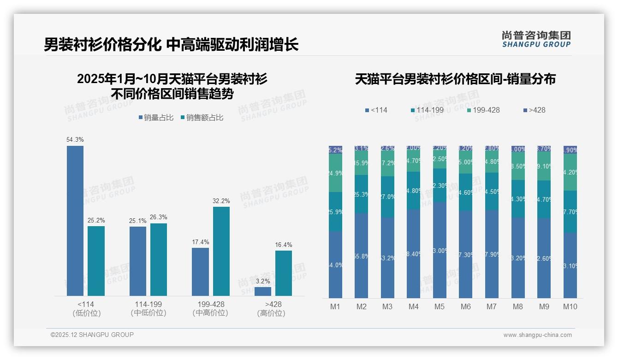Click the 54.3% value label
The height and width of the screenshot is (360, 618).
75,139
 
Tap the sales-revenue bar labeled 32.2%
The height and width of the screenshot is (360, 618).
221,251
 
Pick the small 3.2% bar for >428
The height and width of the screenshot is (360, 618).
263,291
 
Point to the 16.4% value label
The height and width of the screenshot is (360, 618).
284,245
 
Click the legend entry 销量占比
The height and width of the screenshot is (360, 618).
156,118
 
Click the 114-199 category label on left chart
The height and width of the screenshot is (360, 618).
149,304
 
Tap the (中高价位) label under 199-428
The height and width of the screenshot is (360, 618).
210,313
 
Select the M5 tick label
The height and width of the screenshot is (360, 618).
440,306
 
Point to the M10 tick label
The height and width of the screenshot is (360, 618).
570,306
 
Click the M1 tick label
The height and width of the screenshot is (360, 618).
335,306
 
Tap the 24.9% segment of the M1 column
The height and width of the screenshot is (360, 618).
335,173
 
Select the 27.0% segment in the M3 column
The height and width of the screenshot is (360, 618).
387,197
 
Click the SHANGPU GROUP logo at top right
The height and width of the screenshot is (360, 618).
536,39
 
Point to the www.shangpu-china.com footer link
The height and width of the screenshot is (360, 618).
537,335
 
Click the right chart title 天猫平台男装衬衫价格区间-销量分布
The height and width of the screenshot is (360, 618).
455,79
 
